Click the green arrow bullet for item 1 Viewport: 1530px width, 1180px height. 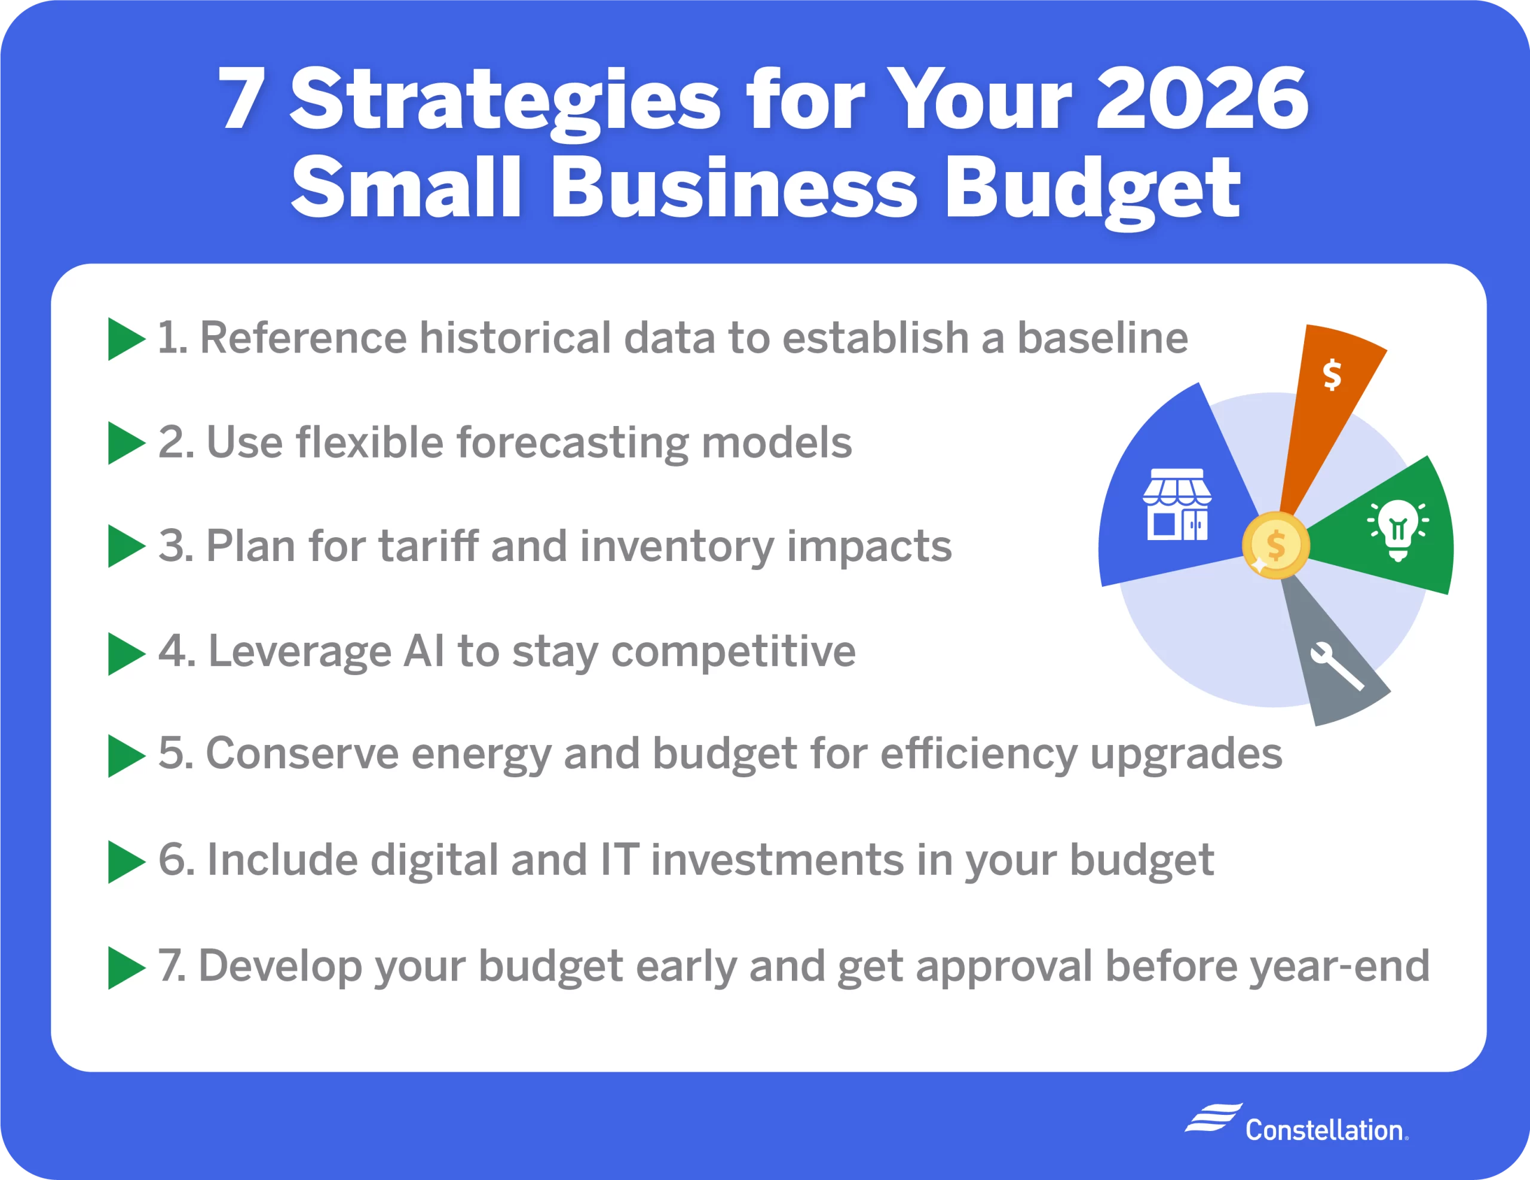coord(127,339)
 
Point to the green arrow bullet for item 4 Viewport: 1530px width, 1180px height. coord(127,654)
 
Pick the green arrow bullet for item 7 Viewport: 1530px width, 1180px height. coord(127,968)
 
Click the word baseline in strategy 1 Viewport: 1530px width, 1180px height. coord(1102,338)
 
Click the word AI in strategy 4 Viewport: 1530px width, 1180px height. coord(424,651)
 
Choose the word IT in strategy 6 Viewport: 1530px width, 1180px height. coord(620,860)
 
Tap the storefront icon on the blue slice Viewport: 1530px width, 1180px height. coord(1177,504)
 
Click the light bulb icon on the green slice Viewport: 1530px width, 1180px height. coord(1399,530)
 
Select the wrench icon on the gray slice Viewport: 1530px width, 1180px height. coord(1336,666)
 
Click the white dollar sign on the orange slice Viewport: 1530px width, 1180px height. coord(1332,374)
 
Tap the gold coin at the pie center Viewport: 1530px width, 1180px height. coord(1276,545)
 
